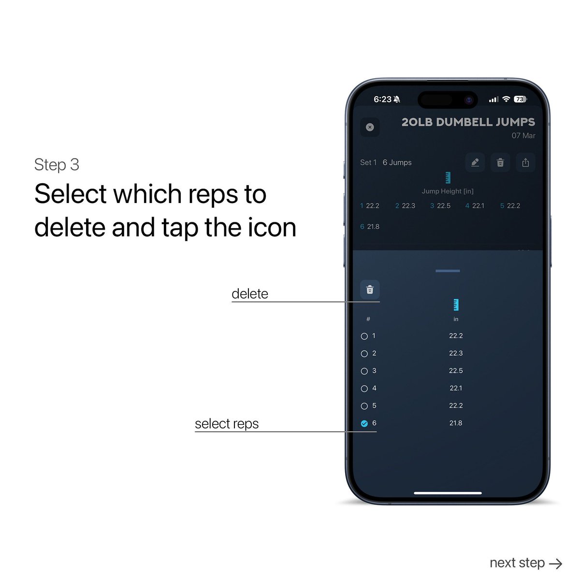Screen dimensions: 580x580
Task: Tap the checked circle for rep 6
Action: click(364, 423)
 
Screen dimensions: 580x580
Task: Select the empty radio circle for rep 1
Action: click(364, 336)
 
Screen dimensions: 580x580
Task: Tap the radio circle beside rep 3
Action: click(364, 371)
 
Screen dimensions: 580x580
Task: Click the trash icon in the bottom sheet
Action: click(370, 290)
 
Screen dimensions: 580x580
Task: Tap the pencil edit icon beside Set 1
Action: click(475, 162)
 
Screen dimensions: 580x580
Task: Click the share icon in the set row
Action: click(525, 162)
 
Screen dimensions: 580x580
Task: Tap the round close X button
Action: click(370, 127)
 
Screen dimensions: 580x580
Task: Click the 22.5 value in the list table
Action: click(456, 371)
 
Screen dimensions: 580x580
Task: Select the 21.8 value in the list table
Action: click(456, 423)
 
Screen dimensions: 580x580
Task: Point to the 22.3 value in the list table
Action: click(456, 353)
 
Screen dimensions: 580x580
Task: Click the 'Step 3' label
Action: click(57, 165)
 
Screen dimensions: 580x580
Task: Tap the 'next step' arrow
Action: click(556, 563)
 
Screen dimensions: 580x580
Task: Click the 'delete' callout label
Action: click(249, 294)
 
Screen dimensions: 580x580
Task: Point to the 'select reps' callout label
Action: click(227, 424)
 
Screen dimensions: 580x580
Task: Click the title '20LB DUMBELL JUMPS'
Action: click(468, 122)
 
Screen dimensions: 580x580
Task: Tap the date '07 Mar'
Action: click(523, 136)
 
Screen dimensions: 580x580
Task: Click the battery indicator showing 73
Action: click(520, 99)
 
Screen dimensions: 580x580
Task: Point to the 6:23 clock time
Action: click(382, 99)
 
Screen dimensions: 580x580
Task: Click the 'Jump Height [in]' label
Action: click(448, 191)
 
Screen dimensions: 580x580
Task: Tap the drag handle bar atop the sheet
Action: click(448, 271)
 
